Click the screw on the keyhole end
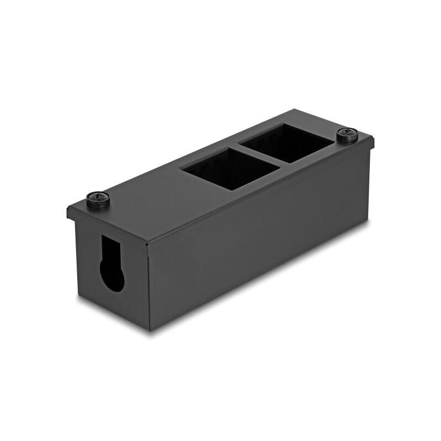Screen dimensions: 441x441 click(x=98, y=198)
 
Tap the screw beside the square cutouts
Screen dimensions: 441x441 click(x=347, y=134)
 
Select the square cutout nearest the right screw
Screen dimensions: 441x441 click(x=287, y=143)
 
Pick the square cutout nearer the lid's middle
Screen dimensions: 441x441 click(x=231, y=168)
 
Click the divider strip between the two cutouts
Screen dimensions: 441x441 click(x=260, y=155)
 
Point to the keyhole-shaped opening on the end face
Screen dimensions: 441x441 click(x=112, y=263)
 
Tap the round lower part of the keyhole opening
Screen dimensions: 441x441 click(x=112, y=276)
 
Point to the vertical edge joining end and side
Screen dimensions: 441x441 click(x=149, y=287)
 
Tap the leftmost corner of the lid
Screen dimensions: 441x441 click(x=68, y=209)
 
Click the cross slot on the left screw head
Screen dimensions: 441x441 click(x=98, y=197)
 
